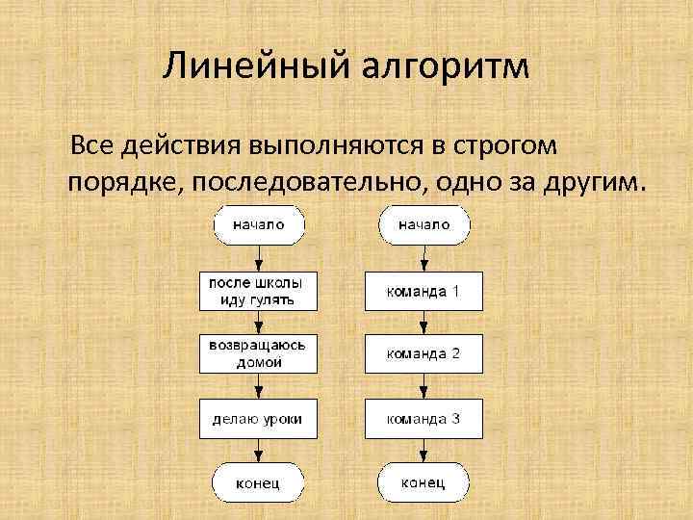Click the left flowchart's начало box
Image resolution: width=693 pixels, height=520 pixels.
[259, 225]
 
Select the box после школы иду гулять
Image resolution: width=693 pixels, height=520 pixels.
[259, 291]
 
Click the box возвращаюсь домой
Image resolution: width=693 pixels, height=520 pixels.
[259, 353]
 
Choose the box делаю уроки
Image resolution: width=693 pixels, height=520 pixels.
[259, 418]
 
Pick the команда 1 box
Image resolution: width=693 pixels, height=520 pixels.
[424, 291]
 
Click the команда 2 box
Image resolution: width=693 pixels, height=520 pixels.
[424, 353]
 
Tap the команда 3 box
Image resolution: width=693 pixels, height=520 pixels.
[424, 418]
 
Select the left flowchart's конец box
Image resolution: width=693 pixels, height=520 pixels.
[259, 482]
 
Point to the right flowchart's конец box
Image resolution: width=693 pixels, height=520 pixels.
[424, 482]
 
